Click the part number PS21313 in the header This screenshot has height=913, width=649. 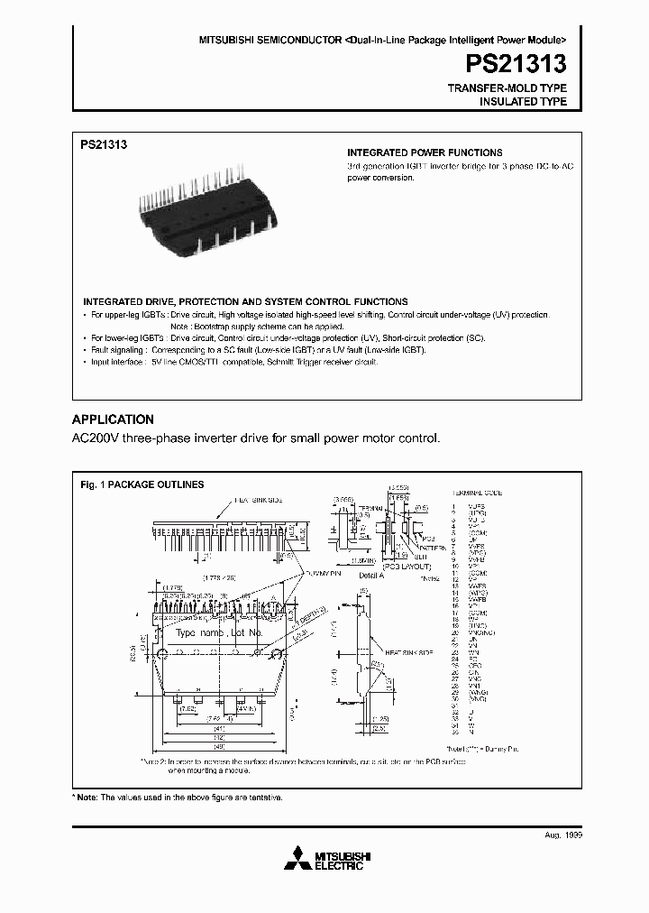tap(516, 64)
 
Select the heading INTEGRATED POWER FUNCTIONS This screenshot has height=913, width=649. tap(425, 152)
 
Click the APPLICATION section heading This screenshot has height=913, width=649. tap(113, 420)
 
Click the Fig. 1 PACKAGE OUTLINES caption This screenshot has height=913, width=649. tap(142, 484)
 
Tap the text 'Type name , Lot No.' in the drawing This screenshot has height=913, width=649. tap(219, 633)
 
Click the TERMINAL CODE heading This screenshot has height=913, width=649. tap(478, 493)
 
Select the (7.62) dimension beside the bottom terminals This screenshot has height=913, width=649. tap(187, 708)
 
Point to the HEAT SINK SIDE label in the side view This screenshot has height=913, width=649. tap(410, 652)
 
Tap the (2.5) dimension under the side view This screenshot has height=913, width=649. tap(380, 728)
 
